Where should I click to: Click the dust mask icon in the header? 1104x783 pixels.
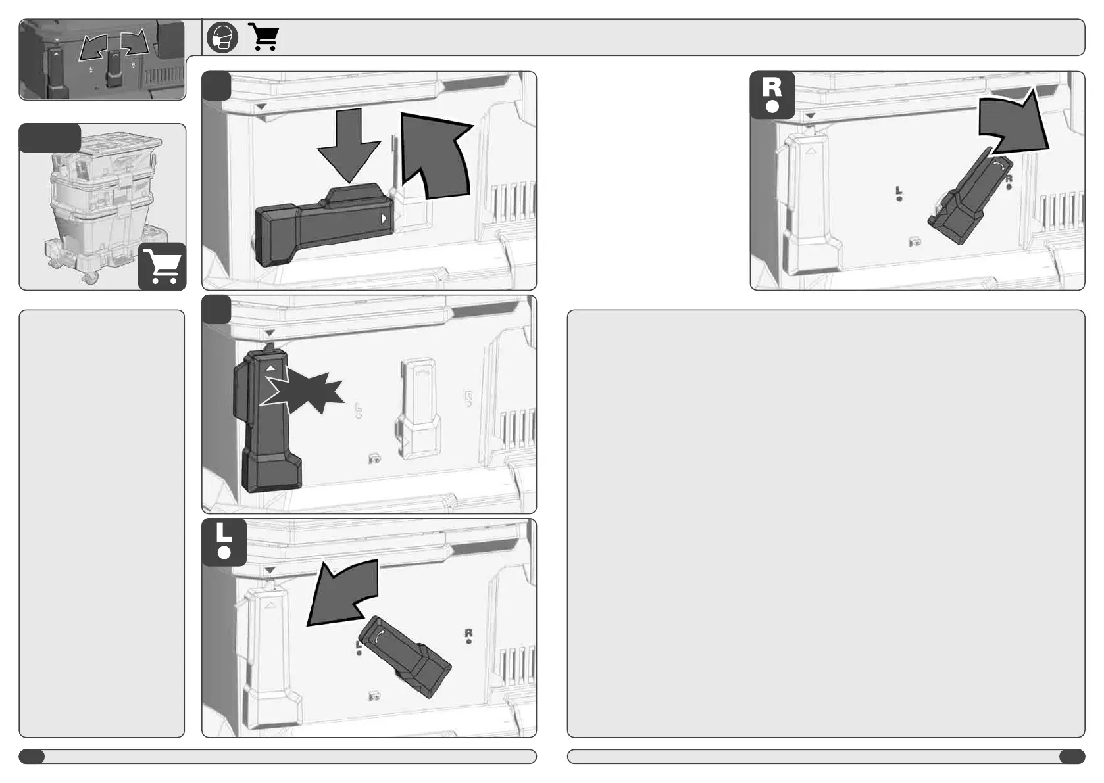pyautogui.click(x=222, y=37)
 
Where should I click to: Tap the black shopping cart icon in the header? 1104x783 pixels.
pyautogui.click(x=264, y=37)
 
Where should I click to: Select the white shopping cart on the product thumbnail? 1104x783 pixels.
pyautogui.click(x=162, y=266)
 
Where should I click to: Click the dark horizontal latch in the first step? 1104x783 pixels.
pyautogui.click(x=324, y=225)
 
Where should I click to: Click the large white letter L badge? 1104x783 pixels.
pyautogui.click(x=224, y=542)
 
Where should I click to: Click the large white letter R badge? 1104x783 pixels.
pyautogui.click(x=772, y=95)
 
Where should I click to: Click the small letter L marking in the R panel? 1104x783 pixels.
pyautogui.click(x=899, y=191)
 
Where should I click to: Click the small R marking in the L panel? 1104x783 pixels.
pyautogui.click(x=468, y=633)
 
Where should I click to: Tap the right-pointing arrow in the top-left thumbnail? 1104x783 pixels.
pyautogui.click(x=135, y=43)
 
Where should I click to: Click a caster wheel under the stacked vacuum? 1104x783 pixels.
pyautogui.click(x=89, y=279)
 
